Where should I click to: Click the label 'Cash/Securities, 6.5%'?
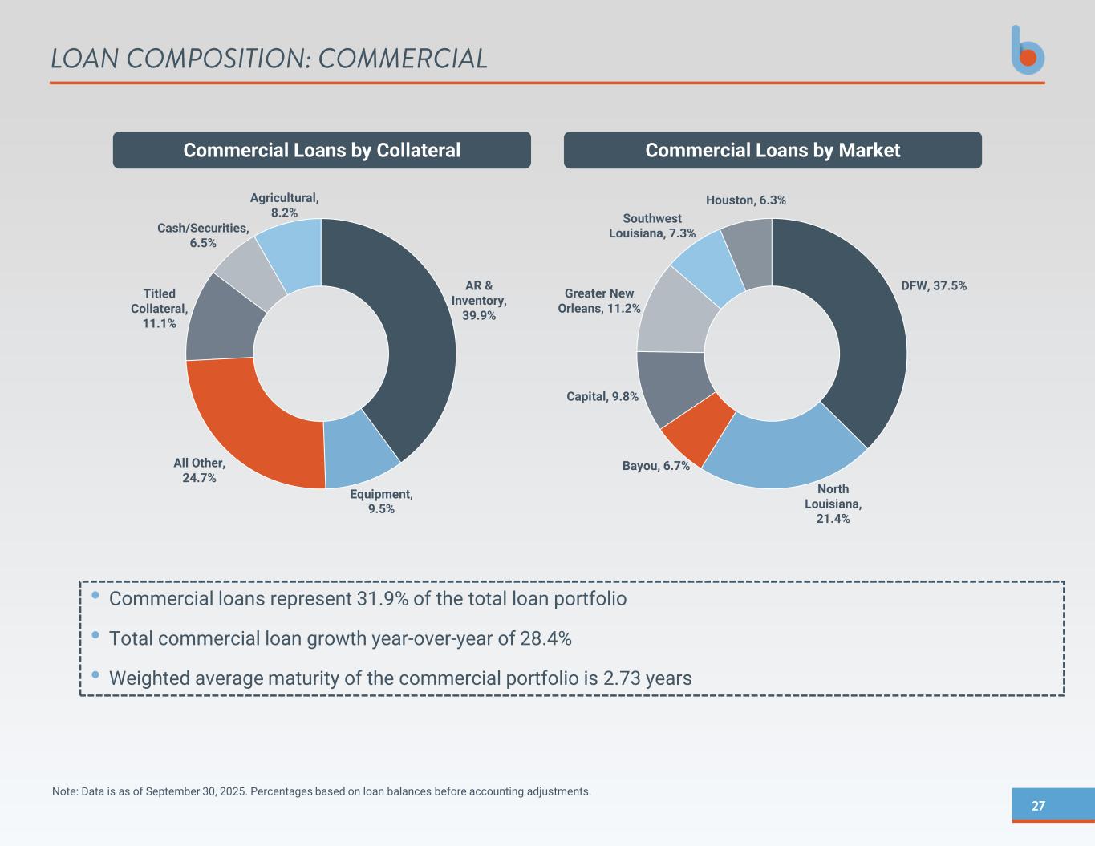click(x=203, y=236)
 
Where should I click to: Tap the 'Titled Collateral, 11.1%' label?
click(x=160, y=309)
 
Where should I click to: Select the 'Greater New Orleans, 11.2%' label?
click(x=599, y=301)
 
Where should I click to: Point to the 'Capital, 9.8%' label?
click(x=602, y=396)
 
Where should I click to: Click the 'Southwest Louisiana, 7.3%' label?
click(x=652, y=225)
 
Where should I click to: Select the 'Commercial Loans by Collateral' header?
click(x=322, y=150)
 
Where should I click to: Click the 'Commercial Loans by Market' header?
click(x=773, y=150)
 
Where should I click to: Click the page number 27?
click(x=1038, y=806)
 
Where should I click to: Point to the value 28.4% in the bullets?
click(x=545, y=638)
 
